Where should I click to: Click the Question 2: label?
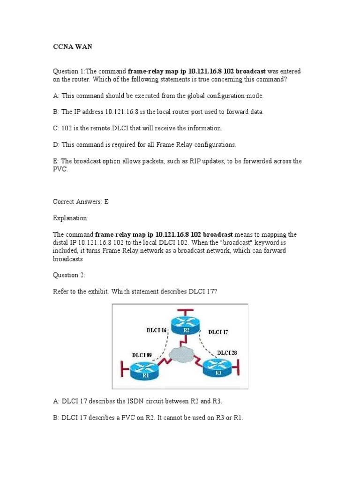coord(69,275)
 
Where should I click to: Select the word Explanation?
coord(70,218)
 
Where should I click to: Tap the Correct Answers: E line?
coord(81,202)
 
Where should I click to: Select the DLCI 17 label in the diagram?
coord(218,332)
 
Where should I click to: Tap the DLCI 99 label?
coord(141,355)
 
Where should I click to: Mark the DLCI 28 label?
coord(227,352)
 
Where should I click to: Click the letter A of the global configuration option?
coord(55,96)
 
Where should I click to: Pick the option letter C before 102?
coord(55,128)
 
